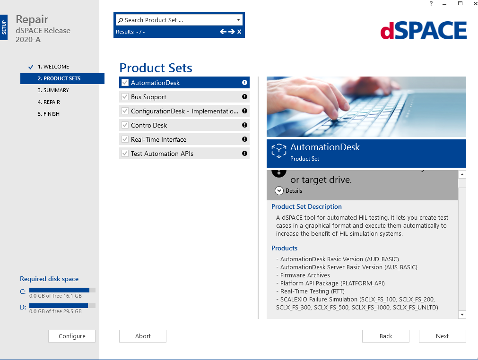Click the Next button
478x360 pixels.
click(x=442, y=336)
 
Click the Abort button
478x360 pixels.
click(x=143, y=336)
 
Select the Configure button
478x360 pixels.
click(x=72, y=336)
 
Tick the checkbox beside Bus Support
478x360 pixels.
click(x=125, y=97)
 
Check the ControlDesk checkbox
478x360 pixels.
click(x=125, y=125)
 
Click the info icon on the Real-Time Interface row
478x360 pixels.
click(x=244, y=139)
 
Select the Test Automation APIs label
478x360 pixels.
click(x=162, y=154)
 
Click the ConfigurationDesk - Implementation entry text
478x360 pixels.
click(x=184, y=111)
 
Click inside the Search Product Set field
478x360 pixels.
click(x=175, y=20)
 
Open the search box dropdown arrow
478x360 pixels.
click(x=239, y=20)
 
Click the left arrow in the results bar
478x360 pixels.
click(x=223, y=32)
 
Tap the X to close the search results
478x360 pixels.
click(x=239, y=32)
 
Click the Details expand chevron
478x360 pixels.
click(x=279, y=191)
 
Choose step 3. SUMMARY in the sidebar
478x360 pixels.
click(x=53, y=90)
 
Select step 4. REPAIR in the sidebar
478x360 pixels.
click(x=49, y=102)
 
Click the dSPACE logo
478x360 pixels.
click(x=423, y=31)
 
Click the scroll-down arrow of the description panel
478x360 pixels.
click(x=462, y=314)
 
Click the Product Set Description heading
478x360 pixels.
click(x=306, y=206)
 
